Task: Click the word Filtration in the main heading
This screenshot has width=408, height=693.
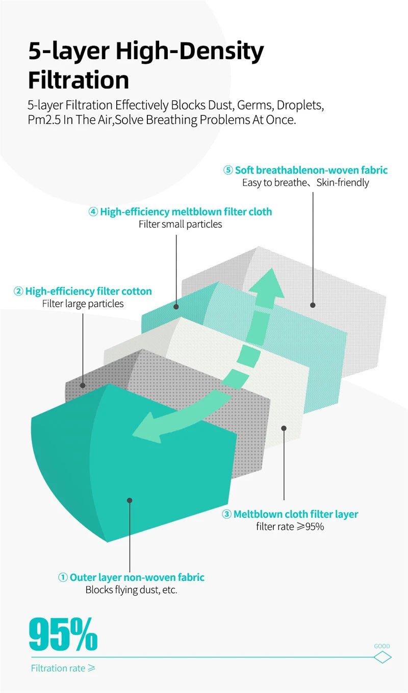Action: pos(78,80)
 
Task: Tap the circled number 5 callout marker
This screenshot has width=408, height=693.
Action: pos(228,170)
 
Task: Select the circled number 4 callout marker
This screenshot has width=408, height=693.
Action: pos(93,212)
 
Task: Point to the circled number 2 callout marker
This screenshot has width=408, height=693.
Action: pos(18,291)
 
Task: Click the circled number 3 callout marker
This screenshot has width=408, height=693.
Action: pos(226,514)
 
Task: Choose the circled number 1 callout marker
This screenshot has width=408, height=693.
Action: pos(63,577)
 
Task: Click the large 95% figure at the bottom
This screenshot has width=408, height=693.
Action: pos(63,634)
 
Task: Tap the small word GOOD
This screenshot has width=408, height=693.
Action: pos(382,646)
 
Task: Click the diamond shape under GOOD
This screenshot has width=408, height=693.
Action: pos(382,657)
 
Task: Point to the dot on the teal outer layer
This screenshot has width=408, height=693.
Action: pos(130,500)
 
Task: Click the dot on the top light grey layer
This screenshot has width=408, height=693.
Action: pos(313,305)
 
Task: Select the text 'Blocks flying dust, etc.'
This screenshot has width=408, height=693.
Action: pos(131,591)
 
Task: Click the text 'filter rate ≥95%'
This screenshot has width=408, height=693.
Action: pos(290,527)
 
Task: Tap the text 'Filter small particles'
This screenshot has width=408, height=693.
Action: pos(180,224)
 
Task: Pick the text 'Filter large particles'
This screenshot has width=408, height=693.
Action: pos(83,304)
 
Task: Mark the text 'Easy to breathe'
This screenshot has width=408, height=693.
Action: pos(273,182)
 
